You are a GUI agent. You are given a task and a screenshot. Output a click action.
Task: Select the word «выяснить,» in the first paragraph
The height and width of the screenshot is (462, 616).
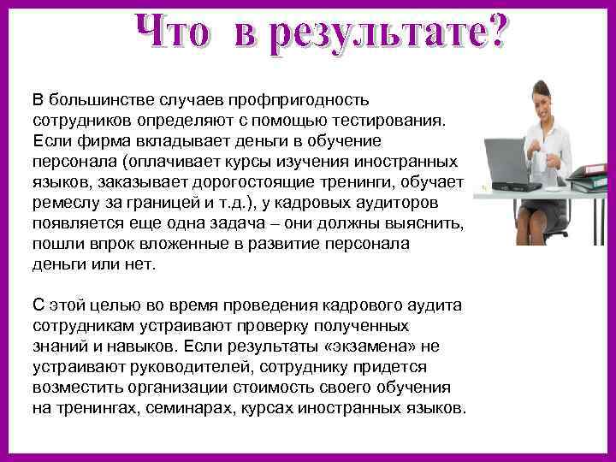point(427,223)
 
